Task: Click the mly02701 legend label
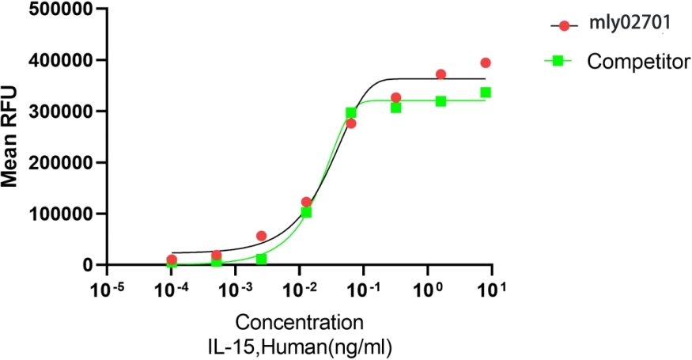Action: [629, 25]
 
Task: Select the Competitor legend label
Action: [639, 61]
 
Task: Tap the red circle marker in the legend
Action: [564, 25]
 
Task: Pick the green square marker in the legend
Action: [558, 61]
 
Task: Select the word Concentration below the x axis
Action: [300, 323]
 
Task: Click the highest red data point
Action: [486, 63]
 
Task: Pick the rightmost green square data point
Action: [486, 93]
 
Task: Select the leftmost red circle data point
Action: [172, 260]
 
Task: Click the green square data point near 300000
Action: [351, 113]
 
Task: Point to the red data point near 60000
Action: [261, 236]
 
